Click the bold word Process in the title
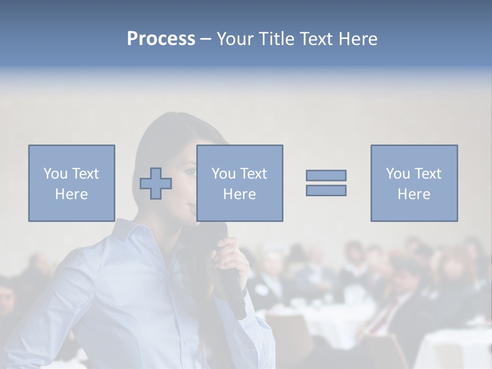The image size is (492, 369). (x=161, y=39)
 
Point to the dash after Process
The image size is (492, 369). (x=206, y=39)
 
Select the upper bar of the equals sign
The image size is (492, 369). (x=326, y=175)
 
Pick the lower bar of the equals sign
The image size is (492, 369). (x=326, y=190)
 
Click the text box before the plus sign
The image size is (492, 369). (x=72, y=183)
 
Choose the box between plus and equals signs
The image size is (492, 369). (x=239, y=183)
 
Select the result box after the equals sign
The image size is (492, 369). (x=414, y=183)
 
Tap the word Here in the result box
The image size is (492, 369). (x=414, y=194)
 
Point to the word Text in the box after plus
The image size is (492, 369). (x=253, y=174)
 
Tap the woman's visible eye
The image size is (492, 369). (x=191, y=171)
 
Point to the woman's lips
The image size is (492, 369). (x=192, y=207)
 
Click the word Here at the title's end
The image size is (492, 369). (x=358, y=39)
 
